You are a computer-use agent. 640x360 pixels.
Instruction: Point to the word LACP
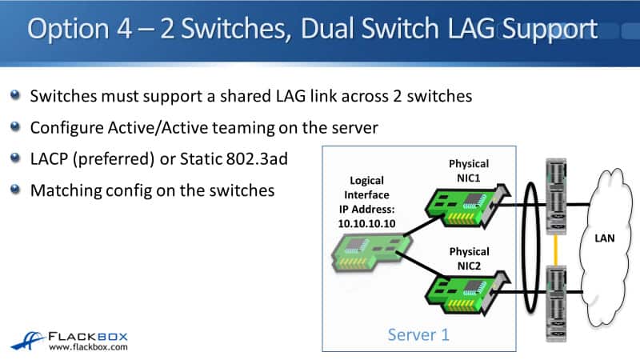click(51, 159)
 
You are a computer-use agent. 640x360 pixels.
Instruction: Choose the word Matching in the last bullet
click(63, 191)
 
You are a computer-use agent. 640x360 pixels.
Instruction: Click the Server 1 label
click(418, 334)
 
